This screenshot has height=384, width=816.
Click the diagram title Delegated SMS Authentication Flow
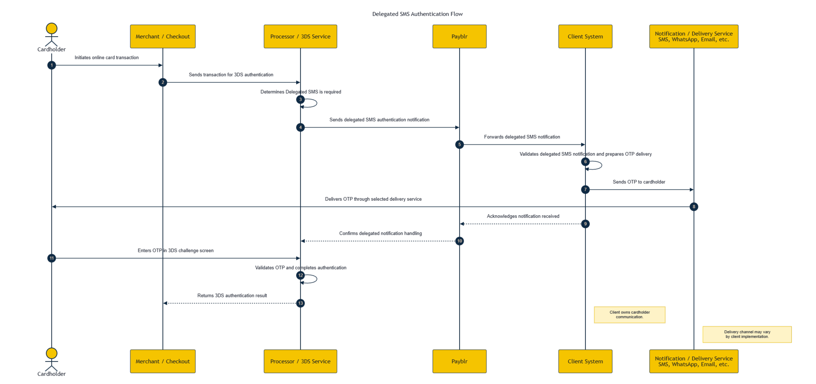coord(417,14)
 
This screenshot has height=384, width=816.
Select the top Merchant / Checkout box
coord(163,36)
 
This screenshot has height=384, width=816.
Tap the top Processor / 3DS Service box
coord(300,36)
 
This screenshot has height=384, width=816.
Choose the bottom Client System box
coord(585,361)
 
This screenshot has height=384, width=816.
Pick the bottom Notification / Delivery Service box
coord(694,361)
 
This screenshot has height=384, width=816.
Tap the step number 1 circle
coord(52,65)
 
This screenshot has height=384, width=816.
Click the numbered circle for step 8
coord(694,207)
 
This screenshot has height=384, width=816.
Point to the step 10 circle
coord(459,241)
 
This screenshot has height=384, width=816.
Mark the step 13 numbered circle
coord(300,303)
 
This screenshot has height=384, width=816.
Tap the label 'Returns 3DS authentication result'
coord(232,296)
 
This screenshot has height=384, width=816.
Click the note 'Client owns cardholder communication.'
coord(629,315)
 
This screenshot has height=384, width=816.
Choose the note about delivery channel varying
coord(747,334)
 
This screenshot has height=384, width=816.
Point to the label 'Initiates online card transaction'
coord(106,58)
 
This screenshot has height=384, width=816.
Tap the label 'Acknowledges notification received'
coord(523,216)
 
